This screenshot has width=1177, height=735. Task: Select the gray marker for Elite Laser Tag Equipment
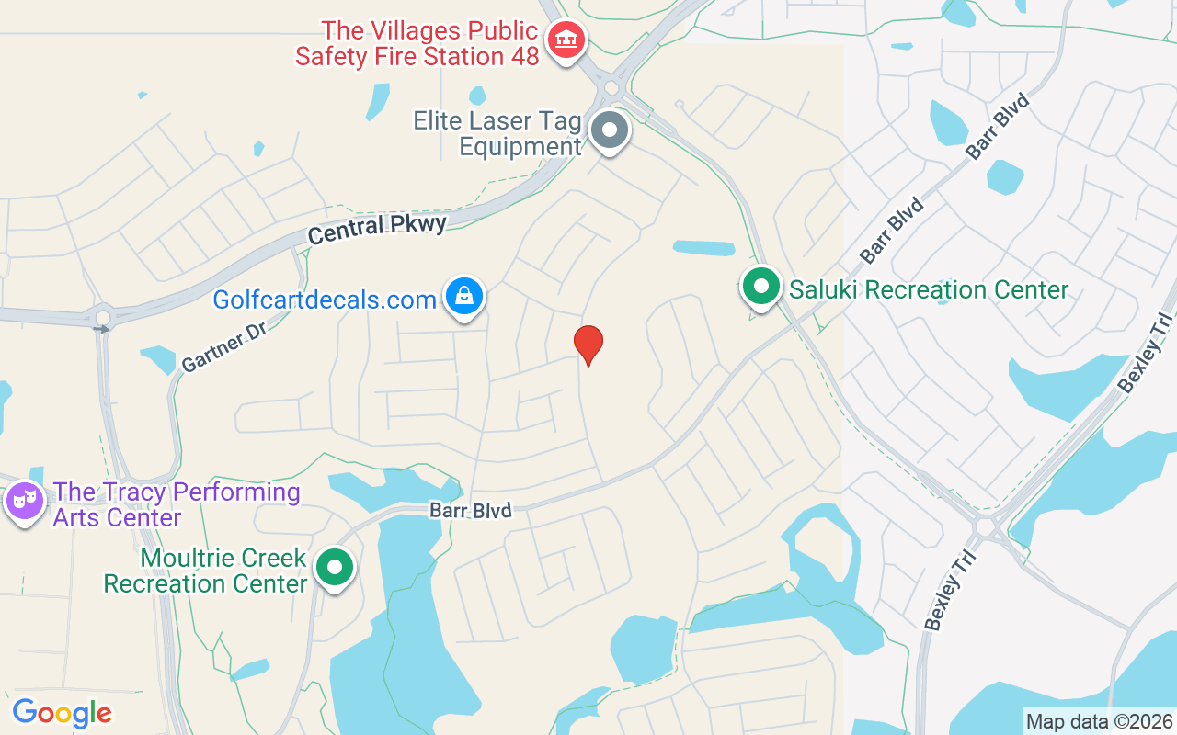[609, 130]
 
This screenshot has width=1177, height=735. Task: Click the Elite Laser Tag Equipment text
[497, 133]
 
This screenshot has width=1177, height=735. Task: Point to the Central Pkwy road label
[377, 229]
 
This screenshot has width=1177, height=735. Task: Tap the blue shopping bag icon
[465, 296]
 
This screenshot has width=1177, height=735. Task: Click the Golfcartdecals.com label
[325, 300]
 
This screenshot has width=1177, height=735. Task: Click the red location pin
[588, 344]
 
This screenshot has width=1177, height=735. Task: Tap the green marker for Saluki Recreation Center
[760, 286]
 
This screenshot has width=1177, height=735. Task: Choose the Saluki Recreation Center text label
[929, 290]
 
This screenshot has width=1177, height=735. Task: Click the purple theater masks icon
[24, 501]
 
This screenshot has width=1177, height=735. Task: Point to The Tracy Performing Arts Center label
[177, 504]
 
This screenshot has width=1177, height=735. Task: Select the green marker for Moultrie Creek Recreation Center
[335, 567]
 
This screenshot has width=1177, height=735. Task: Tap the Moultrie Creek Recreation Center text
[205, 571]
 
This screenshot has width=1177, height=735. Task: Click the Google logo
[62, 713]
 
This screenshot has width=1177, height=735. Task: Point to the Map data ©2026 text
[1099, 721]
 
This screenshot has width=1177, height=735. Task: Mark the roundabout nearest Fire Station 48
[611, 88]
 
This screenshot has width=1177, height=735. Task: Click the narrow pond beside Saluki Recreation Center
[703, 248]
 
